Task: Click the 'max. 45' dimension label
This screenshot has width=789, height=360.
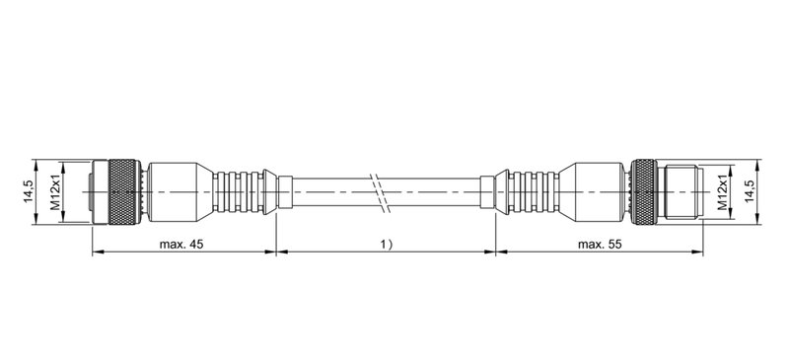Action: [181, 244]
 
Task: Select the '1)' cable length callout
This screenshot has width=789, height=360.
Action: [385, 244]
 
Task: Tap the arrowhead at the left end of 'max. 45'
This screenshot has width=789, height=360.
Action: [97, 252]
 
